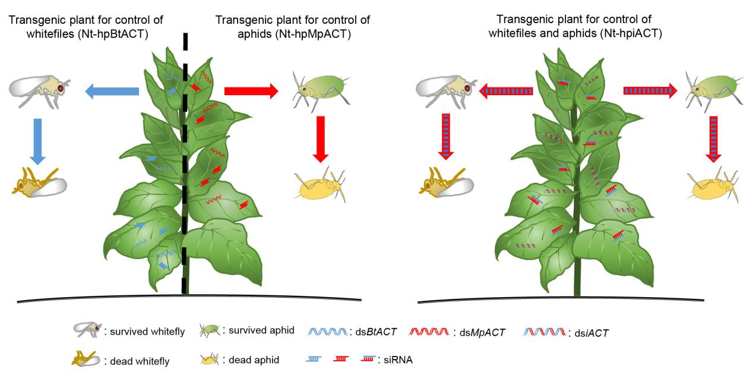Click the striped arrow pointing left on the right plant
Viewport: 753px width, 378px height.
pyautogui.click(x=506, y=91)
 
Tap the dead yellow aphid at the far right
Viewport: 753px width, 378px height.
pyautogui.click(x=713, y=185)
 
